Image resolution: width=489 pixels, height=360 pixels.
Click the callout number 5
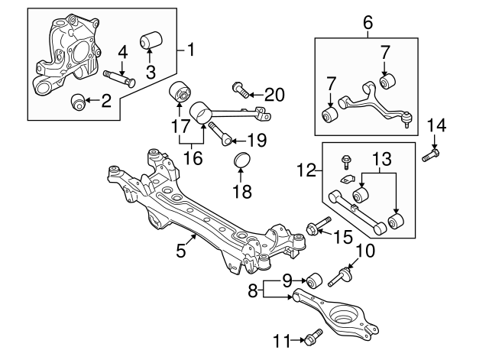coord(181,250)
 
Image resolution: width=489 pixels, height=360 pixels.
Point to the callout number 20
coord(274,95)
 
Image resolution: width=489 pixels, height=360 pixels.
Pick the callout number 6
coord(368,23)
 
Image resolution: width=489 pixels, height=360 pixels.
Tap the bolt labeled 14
coord(431,156)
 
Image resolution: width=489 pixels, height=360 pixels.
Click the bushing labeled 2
coord(78,101)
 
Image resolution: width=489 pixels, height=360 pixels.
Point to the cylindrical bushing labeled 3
coord(151,39)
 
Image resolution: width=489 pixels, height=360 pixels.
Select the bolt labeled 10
coord(342,274)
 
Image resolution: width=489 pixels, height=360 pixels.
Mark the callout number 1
coord(191,51)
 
